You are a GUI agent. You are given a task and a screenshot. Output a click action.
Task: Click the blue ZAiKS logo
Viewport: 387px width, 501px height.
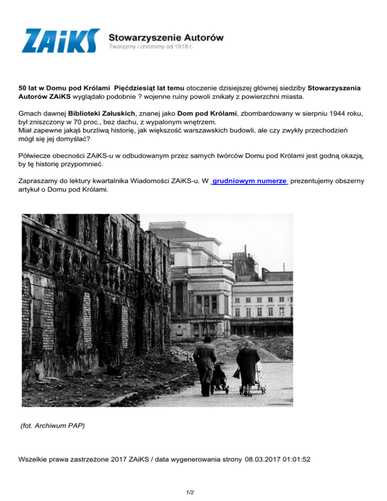click(x=60, y=40)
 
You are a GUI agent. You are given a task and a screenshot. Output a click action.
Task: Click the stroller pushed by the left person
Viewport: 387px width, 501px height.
click(x=219, y=379)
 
